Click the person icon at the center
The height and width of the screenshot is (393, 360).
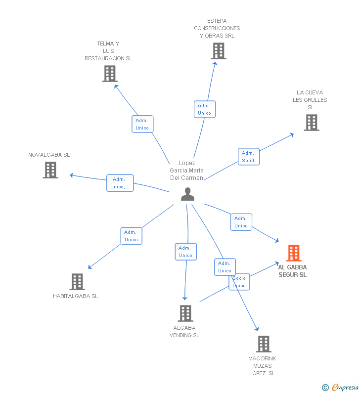187,194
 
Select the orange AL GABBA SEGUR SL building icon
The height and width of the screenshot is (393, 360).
294,253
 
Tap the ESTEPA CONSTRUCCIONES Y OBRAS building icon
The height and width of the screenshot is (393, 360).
218,51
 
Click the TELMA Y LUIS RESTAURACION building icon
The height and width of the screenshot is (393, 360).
109,74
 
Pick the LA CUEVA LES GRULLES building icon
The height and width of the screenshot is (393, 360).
311,123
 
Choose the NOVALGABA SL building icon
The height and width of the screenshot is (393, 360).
50,170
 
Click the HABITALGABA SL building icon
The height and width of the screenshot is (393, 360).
77,282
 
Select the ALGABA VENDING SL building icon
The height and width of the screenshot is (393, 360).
185,313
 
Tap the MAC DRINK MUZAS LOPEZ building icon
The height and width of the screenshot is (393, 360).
264,344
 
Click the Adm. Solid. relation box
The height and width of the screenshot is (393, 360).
249,157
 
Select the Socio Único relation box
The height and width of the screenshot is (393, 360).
239,282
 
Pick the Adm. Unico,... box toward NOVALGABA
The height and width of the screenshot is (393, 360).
120,183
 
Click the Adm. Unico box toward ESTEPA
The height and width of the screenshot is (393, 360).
204,109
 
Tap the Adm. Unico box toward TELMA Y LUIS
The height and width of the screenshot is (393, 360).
142,124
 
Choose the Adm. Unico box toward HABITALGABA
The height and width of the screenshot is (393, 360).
131,236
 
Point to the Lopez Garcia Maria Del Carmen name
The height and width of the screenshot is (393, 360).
187,171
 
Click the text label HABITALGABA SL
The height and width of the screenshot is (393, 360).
76,297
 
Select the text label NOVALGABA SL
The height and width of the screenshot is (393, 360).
49,155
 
